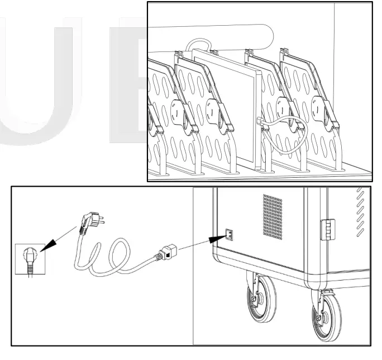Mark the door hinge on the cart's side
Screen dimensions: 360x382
click(x=325, y=229)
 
